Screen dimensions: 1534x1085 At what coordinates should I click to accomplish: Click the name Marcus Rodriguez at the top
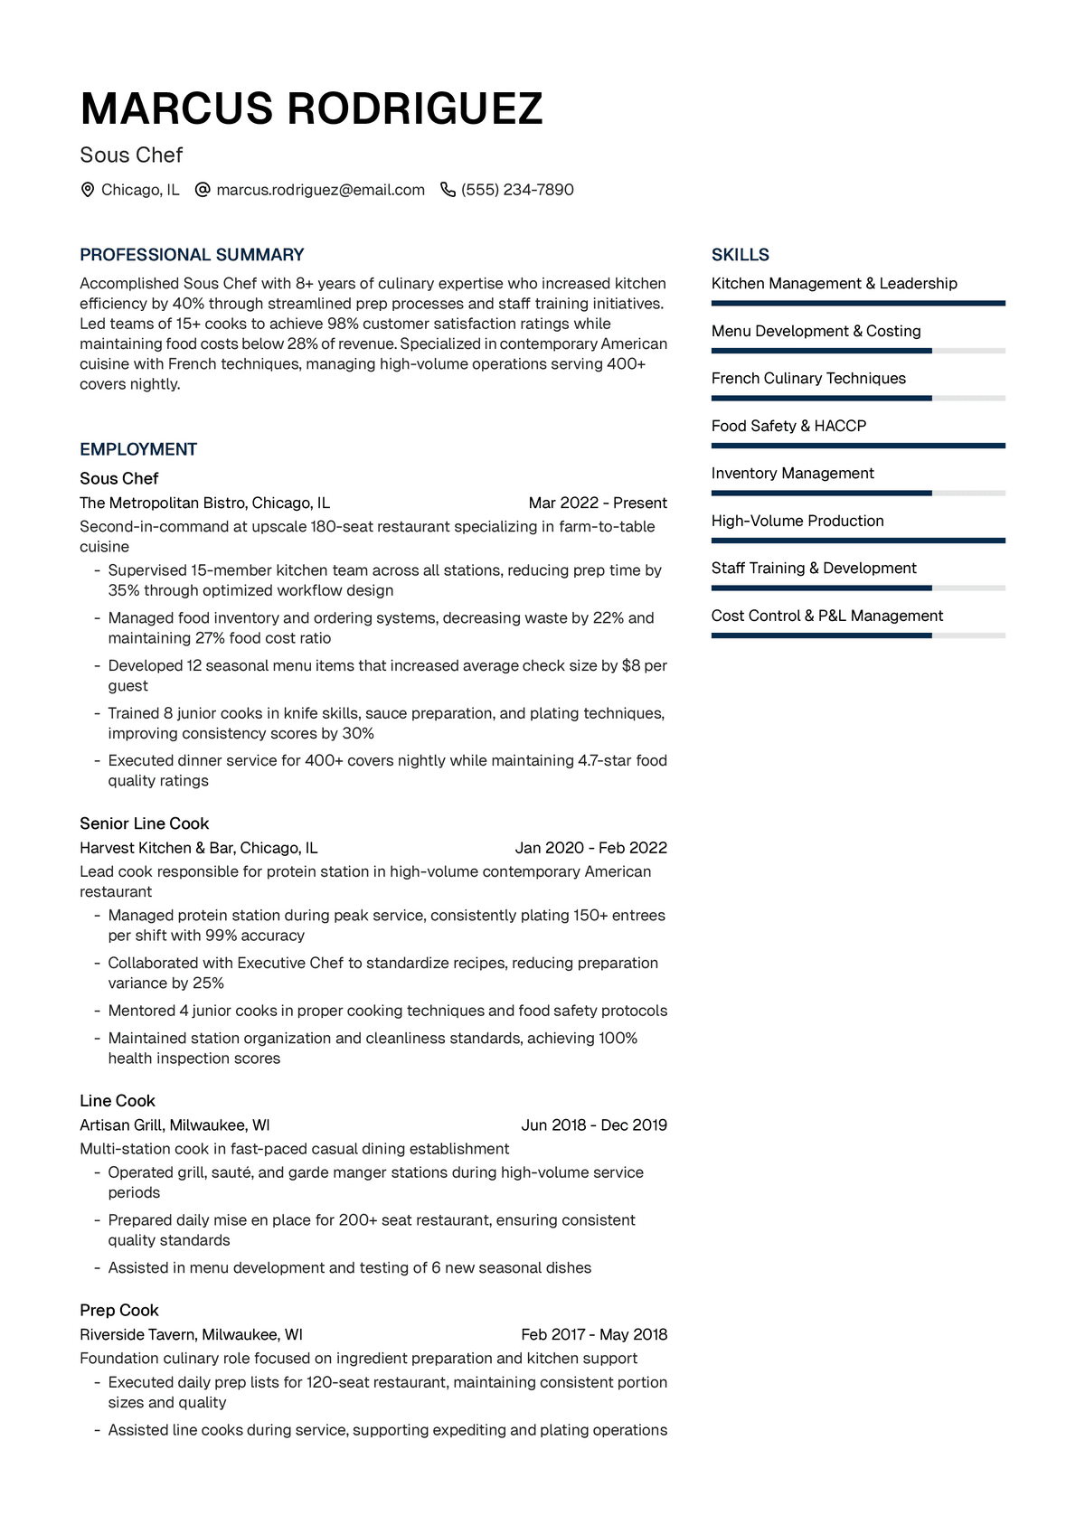(311, 109)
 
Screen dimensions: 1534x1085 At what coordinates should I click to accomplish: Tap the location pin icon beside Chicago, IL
(88, 190)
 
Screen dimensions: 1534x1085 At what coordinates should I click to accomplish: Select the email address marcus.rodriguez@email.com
(320, 190)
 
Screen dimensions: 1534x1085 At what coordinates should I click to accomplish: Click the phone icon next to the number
(448, 190)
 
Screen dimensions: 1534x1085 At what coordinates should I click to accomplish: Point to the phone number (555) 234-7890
(517, 190)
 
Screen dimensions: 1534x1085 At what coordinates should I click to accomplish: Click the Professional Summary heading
(192, 255)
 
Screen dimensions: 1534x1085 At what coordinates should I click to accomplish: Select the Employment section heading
(138, 449)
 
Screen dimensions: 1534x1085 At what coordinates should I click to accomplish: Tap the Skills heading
(740, 255)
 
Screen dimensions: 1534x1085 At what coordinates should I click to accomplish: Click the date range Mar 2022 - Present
(598, 503)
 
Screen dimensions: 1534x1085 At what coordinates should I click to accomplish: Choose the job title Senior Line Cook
(144, 823)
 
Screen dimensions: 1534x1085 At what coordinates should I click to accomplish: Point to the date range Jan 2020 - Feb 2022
(590, 848)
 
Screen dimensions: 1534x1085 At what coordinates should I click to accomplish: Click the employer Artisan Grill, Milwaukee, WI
(175, 1125)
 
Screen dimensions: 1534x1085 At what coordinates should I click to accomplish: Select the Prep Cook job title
(118, 1311)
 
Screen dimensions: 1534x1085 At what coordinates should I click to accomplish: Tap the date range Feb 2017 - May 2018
(594, 1334)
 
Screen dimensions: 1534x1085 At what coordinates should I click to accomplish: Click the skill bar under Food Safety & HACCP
(857, 446)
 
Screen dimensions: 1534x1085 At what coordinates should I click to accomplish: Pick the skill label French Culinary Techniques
(808, 379)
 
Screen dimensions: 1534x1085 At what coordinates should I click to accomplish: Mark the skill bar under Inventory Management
(857, 494)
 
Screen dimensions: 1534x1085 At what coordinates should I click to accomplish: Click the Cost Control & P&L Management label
(826, 616)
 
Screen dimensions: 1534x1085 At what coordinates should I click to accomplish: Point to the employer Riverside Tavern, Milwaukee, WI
(191, 1334)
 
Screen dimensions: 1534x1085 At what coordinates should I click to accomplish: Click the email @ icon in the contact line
(203, 190)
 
